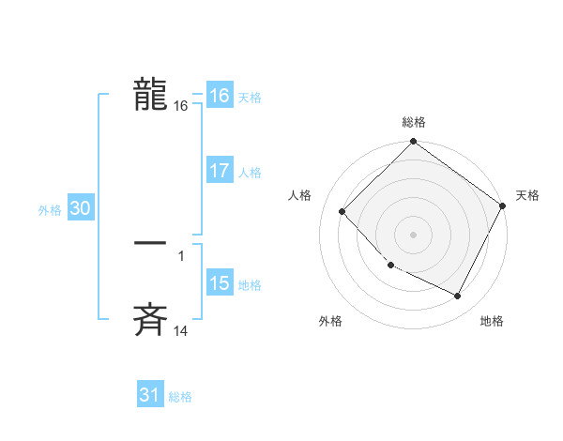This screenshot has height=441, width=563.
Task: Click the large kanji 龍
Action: click(x=150, y=95)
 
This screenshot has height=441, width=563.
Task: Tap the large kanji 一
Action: click(x=150, y=243)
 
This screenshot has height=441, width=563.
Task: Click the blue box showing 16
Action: click(x=220, y=96)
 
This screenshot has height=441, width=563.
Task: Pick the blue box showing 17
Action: click(x=220, y=171)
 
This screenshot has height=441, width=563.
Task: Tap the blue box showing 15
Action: click(x=220, y=283)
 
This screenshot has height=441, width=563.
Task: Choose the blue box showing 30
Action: click(x=80, y=209)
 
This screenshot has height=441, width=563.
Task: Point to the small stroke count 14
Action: click(x=181, y=331)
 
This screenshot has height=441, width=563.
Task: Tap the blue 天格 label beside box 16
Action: click(x=250, y=98)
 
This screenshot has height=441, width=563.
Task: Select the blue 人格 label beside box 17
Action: click(x=250, y=173)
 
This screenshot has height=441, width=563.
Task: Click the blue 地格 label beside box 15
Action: click(x=250, y=285)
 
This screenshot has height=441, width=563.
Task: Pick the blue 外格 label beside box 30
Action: click(x=50, y=211)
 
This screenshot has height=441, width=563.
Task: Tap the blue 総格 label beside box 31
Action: click(x=180, y=397)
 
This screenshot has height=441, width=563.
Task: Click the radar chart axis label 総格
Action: click(x=414, y=122)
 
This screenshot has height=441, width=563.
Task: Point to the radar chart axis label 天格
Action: click(x=527, y=195)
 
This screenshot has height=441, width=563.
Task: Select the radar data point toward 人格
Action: click(x=342, y=211)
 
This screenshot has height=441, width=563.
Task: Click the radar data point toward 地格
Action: click(x=458, y=297)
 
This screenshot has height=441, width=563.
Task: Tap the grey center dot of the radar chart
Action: click(x=413, y=234)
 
